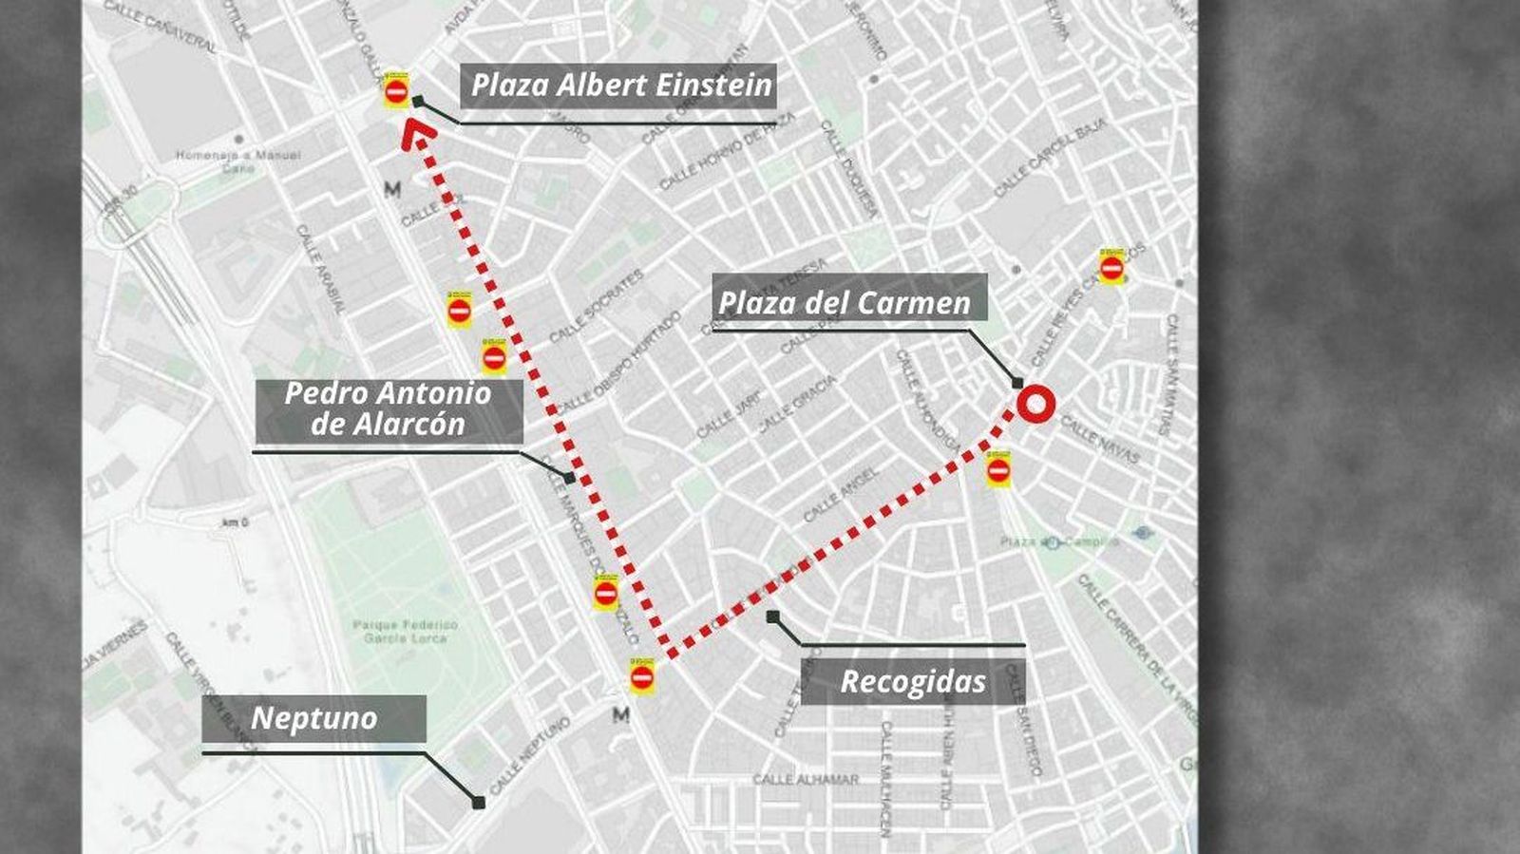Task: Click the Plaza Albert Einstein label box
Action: click(621, 85)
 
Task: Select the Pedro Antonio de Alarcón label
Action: click(389, 409)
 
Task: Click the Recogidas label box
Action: click(912, 682)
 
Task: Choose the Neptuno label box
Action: click(313, 718)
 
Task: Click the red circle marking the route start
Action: click(1035, 405)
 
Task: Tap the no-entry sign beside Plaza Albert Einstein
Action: click(397, 91)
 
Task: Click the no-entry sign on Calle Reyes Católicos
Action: click(1111, 270)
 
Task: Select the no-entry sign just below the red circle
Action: click(997, 469)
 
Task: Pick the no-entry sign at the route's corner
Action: click(642, 677)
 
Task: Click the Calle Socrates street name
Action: click(596, 306)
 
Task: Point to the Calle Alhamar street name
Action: click(806, 780)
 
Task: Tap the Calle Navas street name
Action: click(1099, 441)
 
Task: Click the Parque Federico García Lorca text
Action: click(405, 632)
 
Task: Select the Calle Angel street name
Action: click(842, 495)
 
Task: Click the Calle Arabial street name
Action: click(320, 270)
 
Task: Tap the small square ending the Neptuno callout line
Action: click(479, 803)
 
